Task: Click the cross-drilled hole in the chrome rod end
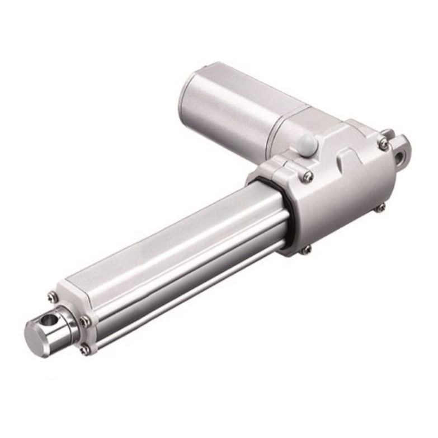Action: (x=51, y=320)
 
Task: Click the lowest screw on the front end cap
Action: (x=84, y=350)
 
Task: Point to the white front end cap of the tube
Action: (x=76, y=302)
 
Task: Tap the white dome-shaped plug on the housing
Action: (x=307, y=144)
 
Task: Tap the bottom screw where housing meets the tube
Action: (x=306, y=250)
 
